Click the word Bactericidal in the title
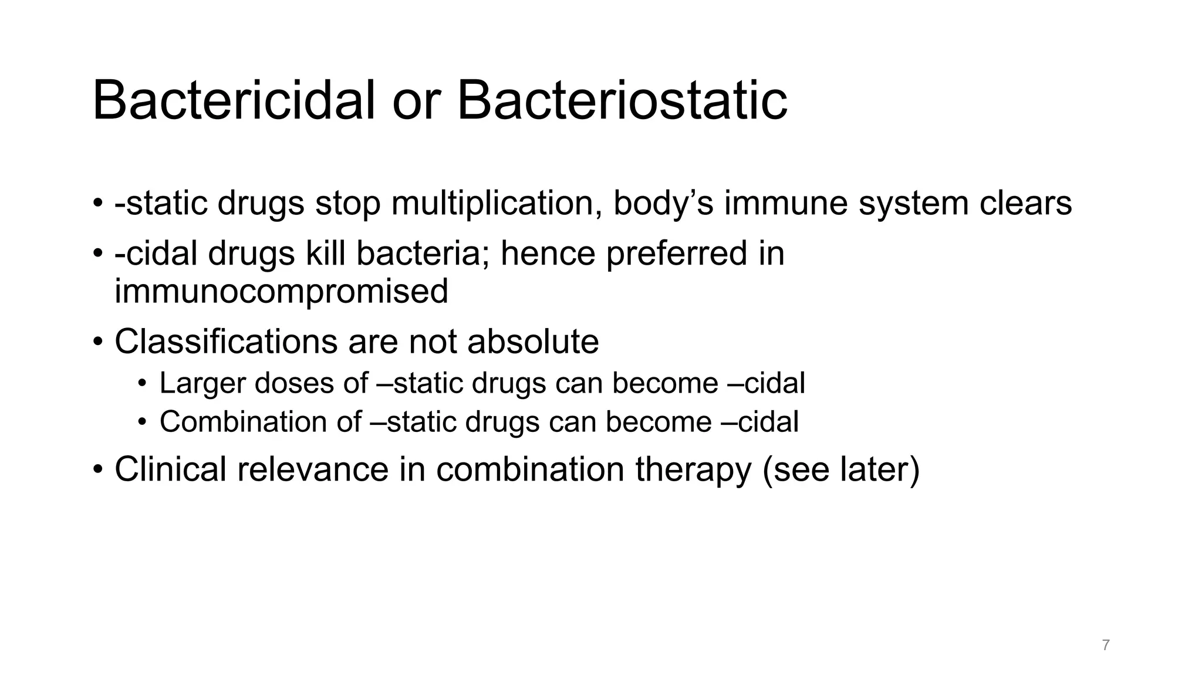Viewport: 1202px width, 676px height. point(234,101)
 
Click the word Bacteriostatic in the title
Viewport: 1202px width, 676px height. point(622,101)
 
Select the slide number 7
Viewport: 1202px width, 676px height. point(1106,645)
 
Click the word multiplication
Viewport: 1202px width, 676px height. point(496,204)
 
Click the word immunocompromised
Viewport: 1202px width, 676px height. point(281,292)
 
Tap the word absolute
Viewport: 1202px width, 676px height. point(533,342)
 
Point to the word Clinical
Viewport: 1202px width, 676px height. point(170,469)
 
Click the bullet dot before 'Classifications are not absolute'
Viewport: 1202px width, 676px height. point(97,343)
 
